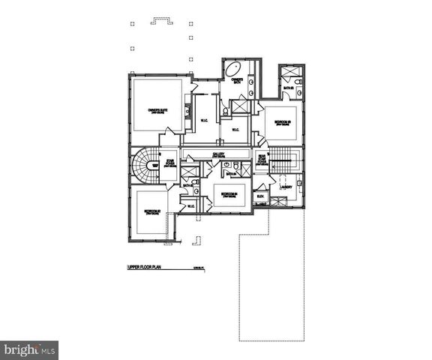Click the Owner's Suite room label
157,111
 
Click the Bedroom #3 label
282,122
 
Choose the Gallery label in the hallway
219,155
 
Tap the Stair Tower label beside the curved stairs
169,162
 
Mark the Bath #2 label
187,185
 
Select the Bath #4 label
231,174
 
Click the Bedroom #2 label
154,211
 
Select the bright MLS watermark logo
29,350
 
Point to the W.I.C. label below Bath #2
190,206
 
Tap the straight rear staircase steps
283,158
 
